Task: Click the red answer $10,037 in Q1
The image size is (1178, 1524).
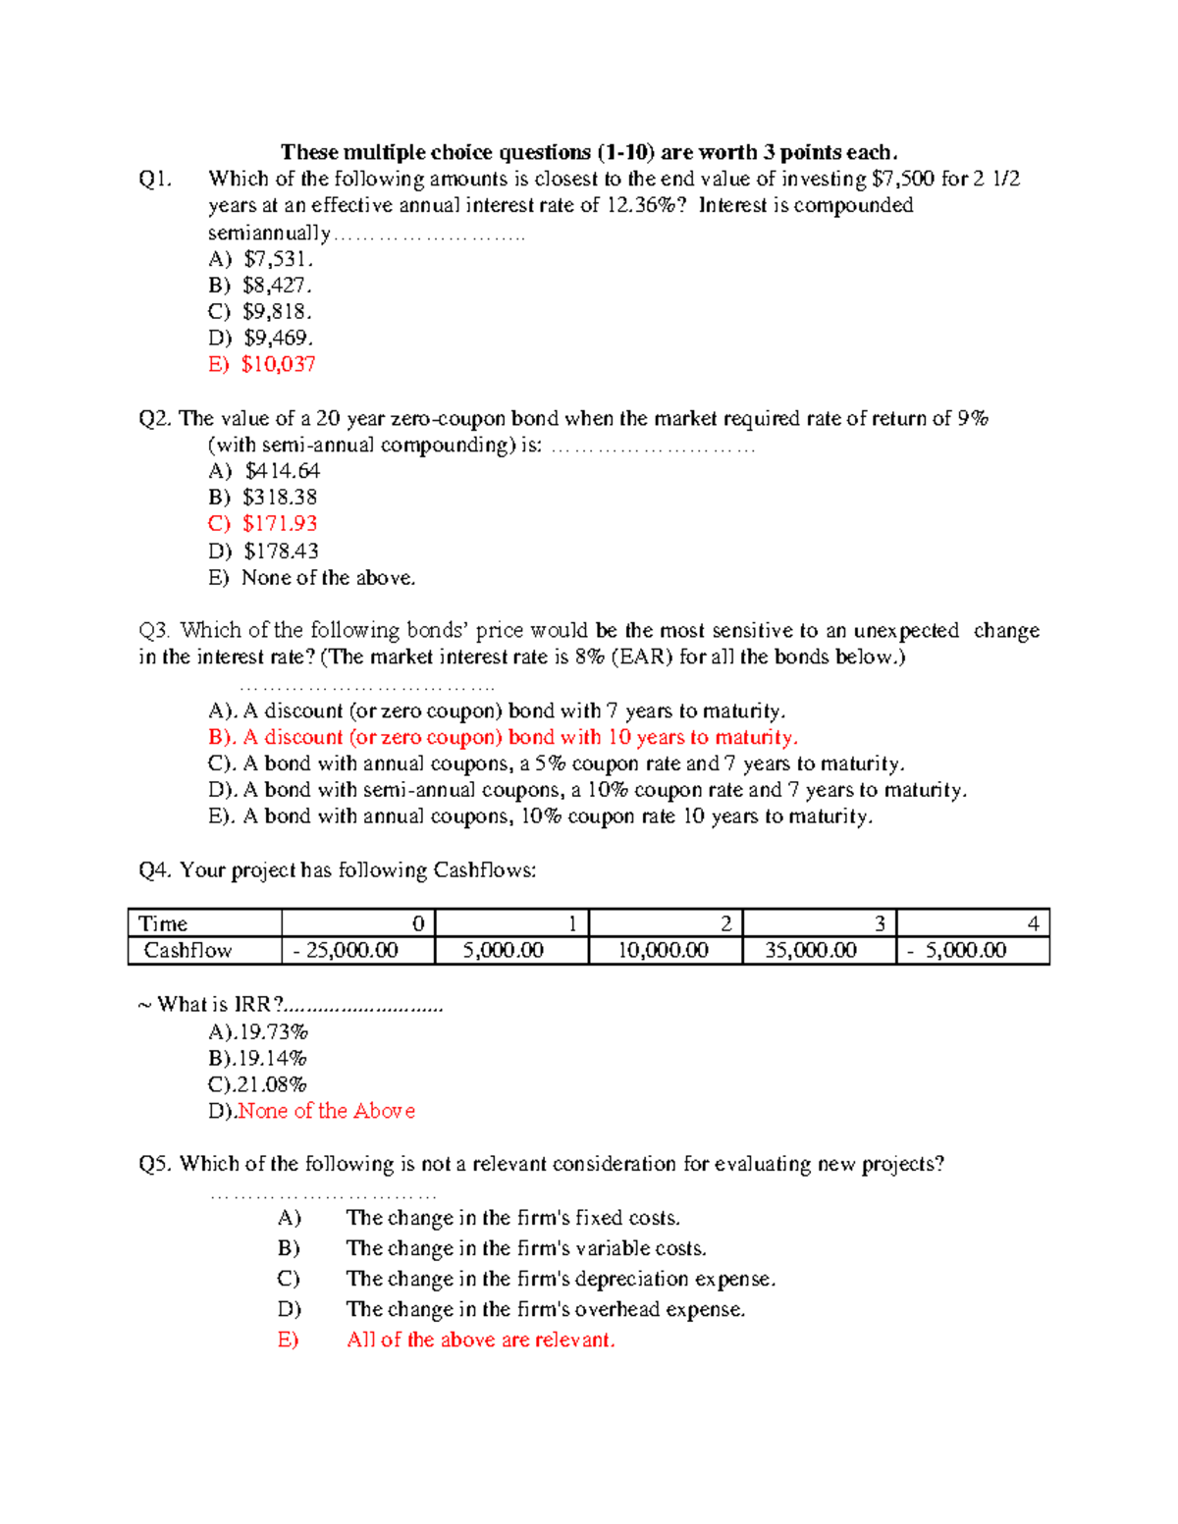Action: pyautogui.click(x=278, y=364)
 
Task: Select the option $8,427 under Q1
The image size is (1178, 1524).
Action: pyautogui.click(x=277, y=286)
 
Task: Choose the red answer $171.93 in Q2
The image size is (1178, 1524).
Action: pyautogui.click(x=280, y=524)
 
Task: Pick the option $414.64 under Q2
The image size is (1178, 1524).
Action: pyautogui.click(x=282, y=471)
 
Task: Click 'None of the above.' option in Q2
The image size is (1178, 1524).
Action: pyautogui.click(x=328, y=578)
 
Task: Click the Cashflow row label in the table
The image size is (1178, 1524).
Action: pyautogui.click(x=187, y=950)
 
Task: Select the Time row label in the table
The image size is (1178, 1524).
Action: pyautogui.click(x=163, y=923)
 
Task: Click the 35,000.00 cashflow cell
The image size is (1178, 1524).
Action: pyautogui.click(x=810, y=950)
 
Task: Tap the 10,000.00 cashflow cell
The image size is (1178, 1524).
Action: pyautogui.click(x=662, y=950)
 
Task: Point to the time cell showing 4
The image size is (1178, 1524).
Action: pyautogui.click(x=1032, y=923)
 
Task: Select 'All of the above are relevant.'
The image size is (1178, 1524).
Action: pyautogui.click(x=480, y=1340)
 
